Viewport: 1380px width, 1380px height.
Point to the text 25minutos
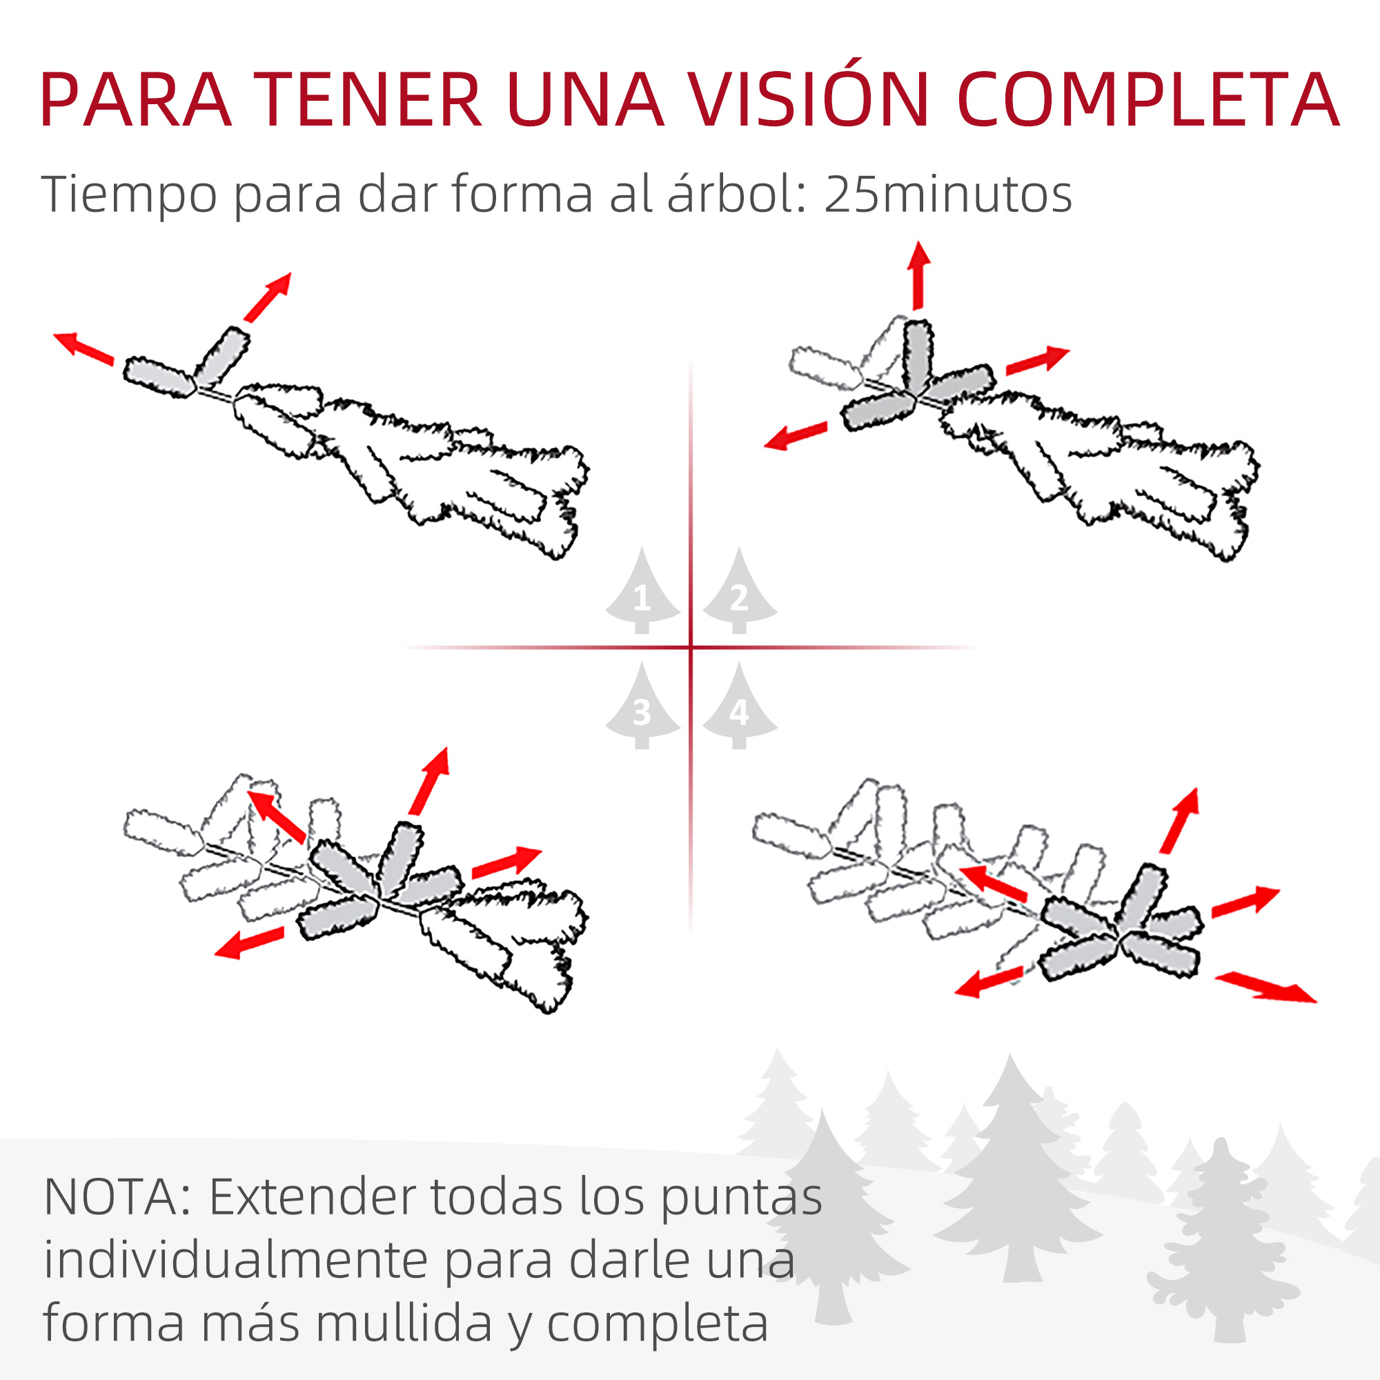tap(948, 195)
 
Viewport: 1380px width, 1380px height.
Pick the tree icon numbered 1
tap(642, 591)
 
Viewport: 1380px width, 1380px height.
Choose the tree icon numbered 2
tap(740, 591)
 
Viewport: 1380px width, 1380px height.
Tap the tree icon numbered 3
tap(642, 705)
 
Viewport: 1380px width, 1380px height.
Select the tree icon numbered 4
tap(740, 705)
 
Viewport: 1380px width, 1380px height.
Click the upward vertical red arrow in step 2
tap(918, 276)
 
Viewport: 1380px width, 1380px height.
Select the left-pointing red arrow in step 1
tap(83, 348)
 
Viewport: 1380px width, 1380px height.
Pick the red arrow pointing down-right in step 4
tap(1265, 987)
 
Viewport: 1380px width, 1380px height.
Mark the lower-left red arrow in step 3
tap(249, 942)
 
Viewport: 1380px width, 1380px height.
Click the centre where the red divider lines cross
tap(691, 647)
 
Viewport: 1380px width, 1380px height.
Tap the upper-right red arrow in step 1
tap(267, 297)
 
